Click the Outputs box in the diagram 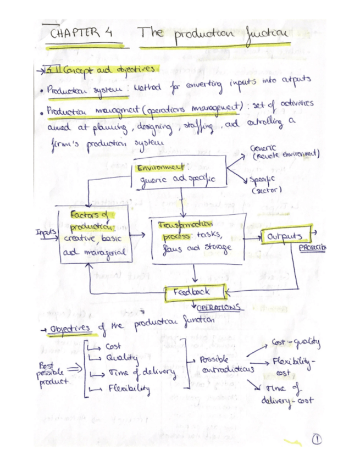[285, 236]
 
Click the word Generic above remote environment [262, 148]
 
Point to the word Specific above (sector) [263, 182]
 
